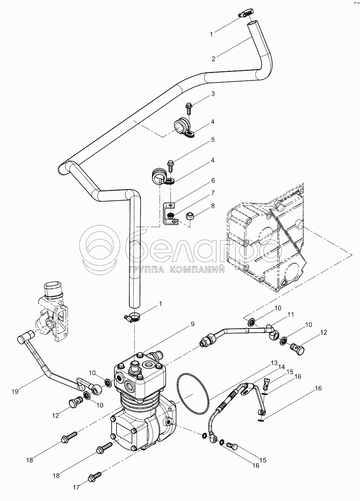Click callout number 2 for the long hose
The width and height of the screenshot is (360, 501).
213,59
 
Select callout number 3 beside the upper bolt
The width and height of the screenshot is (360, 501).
213,94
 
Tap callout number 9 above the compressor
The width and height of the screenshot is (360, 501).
192,324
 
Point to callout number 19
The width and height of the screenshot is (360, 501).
15,392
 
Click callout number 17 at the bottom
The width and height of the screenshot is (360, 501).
76,487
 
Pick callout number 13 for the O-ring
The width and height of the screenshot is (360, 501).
274,363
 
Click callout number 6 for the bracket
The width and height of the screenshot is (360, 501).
213,180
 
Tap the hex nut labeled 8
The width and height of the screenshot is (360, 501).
190,216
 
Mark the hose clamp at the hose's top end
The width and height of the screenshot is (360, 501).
246,13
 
